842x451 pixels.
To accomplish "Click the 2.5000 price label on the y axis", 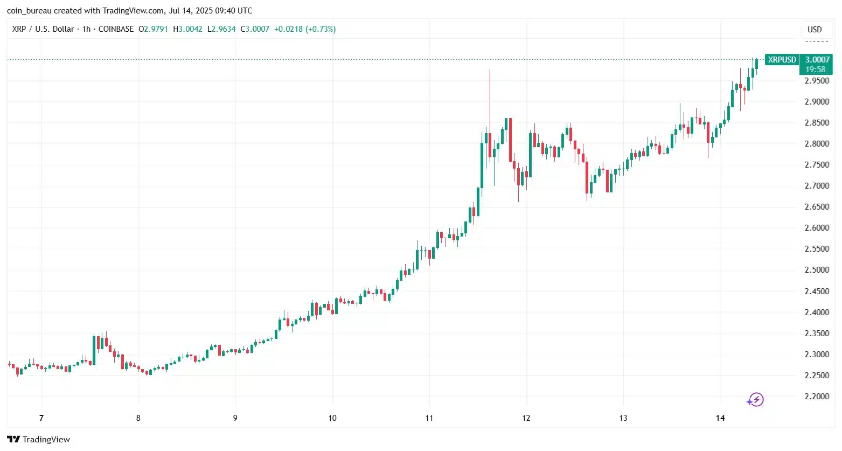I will [x=817, y=270].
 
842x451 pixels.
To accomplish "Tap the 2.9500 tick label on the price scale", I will [x=817, y=81].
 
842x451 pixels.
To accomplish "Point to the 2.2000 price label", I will [x=817, y=397].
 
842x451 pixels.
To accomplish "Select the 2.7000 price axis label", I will [x=817, y=186].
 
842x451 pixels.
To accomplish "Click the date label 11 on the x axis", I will [x=429, y=418].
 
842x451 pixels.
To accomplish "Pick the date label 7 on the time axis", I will [x=41, y=418].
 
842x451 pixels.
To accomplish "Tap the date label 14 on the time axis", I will [x=720, y=418].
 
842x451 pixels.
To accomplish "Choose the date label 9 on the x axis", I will [x=235, y=418].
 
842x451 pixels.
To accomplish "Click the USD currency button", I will [x=815, y=30].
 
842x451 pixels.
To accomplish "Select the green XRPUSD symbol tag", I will [x=782, y=60].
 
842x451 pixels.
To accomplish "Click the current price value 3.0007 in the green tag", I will [x=817, y=60].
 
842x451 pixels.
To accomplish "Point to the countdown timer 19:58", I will [x=816, y=70].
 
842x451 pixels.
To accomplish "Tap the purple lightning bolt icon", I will [x=755, y=400].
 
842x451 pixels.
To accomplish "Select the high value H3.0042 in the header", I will [x=188, y=29].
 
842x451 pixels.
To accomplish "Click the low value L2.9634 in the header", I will [x=221, y=29].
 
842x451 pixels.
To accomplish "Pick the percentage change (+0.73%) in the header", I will [x=321, y=29].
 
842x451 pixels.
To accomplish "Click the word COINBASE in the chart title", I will [x=116, y=29].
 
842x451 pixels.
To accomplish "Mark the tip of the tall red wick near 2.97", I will [x=490, y=70].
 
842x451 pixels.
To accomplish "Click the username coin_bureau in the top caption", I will [x=29, y=11].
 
